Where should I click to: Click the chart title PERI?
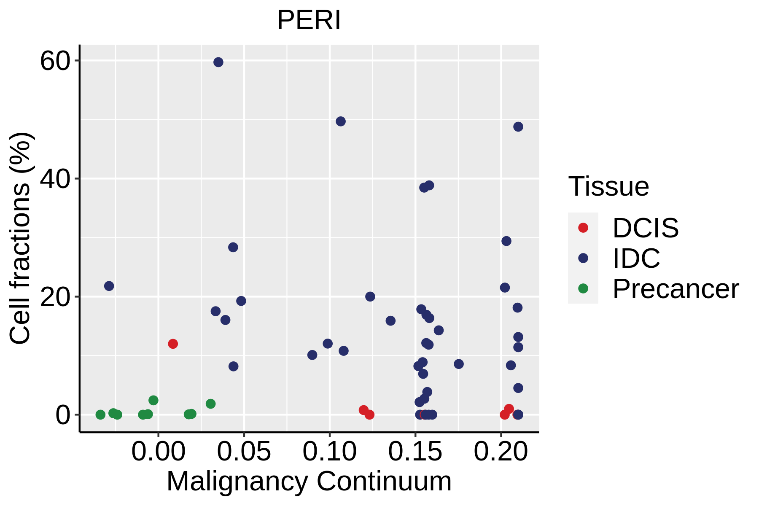tap(309, 20)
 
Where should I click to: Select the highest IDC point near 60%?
tap(218, 62)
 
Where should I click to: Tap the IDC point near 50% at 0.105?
tap(341, 121)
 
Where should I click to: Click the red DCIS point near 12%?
tap(173, 344)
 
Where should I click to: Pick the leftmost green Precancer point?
tap(100, 414)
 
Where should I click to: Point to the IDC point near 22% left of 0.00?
tap(109, 286)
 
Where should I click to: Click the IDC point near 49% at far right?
tap(518, 126)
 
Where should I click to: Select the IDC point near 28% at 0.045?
tap(233, 247)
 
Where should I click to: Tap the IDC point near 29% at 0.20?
tap(506, 241)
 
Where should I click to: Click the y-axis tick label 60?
tap(55, 61)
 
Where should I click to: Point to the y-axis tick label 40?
tap(55, 179)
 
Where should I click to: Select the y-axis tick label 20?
tap(55, 297)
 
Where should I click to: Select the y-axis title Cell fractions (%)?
tap(20, 238)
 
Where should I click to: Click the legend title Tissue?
tap(608, 186)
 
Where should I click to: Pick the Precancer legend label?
tap(676, 289)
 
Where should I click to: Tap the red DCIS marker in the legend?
tap(583, 228)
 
